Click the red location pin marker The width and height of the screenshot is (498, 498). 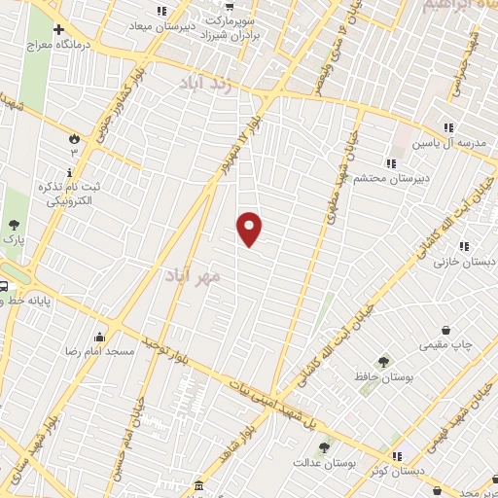pos(250,229)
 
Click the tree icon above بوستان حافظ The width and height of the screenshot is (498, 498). pos(382,361)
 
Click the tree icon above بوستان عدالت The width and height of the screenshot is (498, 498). pos(324,447)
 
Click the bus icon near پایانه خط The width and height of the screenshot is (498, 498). pos(5,288)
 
